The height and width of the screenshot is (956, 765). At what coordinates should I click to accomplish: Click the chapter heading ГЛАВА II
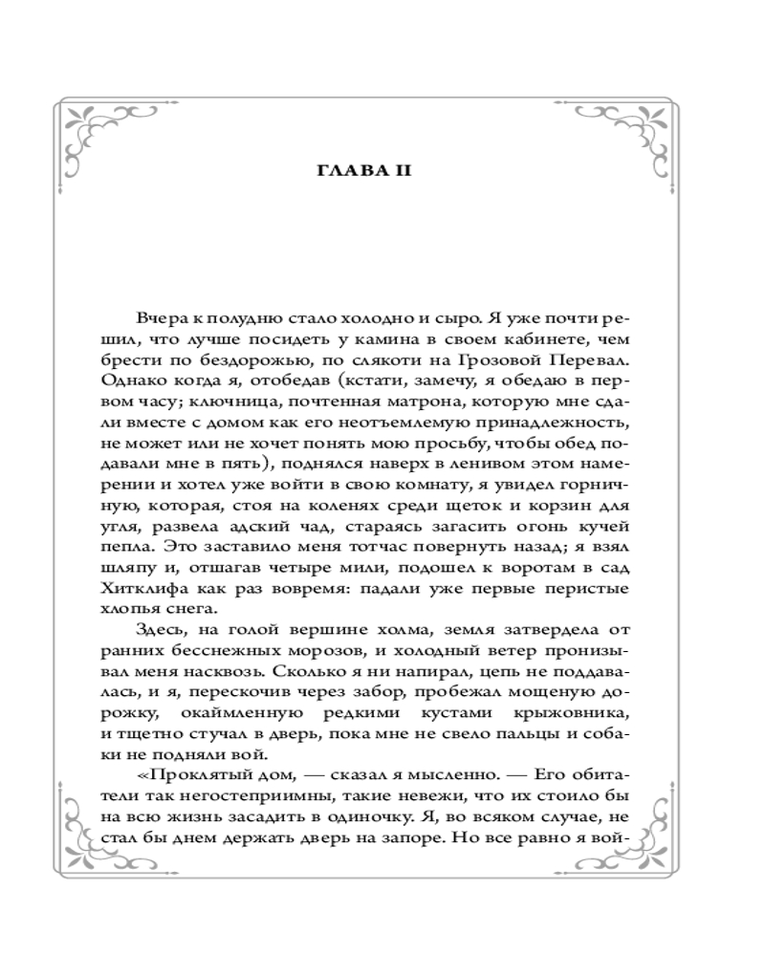pos(382,172)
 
